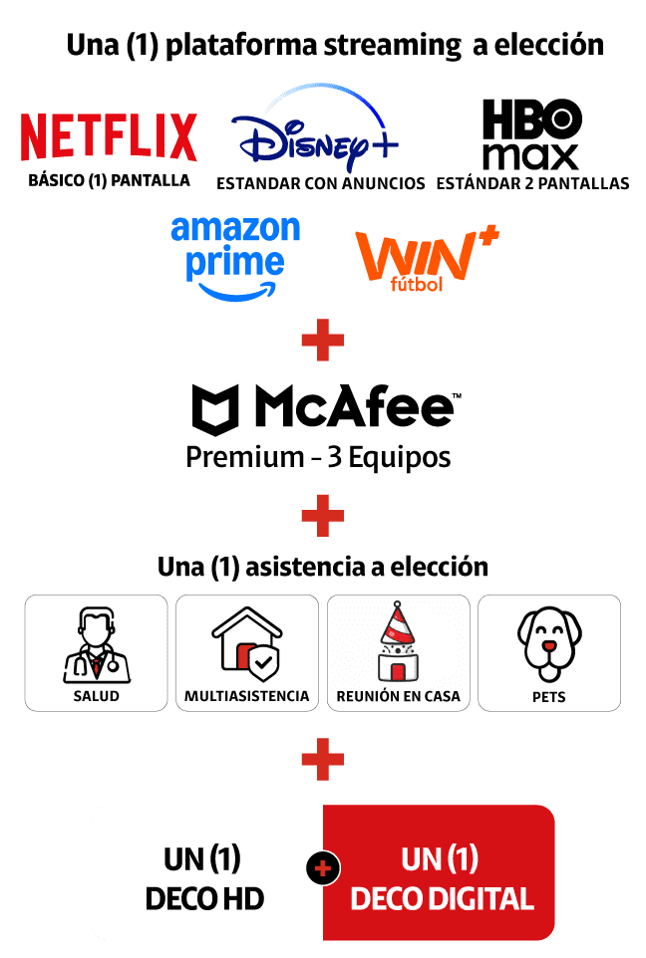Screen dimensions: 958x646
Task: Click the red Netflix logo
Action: pyautogui.click(x=109, y=137)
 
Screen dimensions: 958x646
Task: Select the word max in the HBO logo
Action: pyautogui.click(x=531, y=156)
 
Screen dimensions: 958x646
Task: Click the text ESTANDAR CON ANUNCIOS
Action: pyautogui.click(x=321, y=183)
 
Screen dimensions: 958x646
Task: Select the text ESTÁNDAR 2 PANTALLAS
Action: pyautogui.click(x=532, y=183)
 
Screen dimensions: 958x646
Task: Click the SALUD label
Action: pyautogui.click(x=96, y=696)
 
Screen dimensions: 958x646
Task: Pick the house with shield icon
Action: pyautogui.click(x=247, y=642)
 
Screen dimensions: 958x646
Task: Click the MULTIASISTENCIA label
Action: pyautogui.click(x=247, y=696)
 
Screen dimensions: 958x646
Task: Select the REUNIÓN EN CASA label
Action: pyautogui.click(x=399, y=696)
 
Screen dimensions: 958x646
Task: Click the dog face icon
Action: pyautogui.click(x=549, y=642)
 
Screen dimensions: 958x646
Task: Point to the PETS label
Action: pyautogui.click(x=549, y=697)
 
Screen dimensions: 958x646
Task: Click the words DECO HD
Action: pyautogui.click(x=204, y=899)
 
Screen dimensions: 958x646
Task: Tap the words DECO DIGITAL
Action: pyautogui.click(x=442, y=899)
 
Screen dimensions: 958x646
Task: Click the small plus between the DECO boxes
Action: pyautogui.click(x=322, y=869)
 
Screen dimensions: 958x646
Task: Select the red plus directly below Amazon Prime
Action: pyautogui.click(x=322, y=342)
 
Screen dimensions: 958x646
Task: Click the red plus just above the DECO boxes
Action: pyautogui.click(x=322, y=761)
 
